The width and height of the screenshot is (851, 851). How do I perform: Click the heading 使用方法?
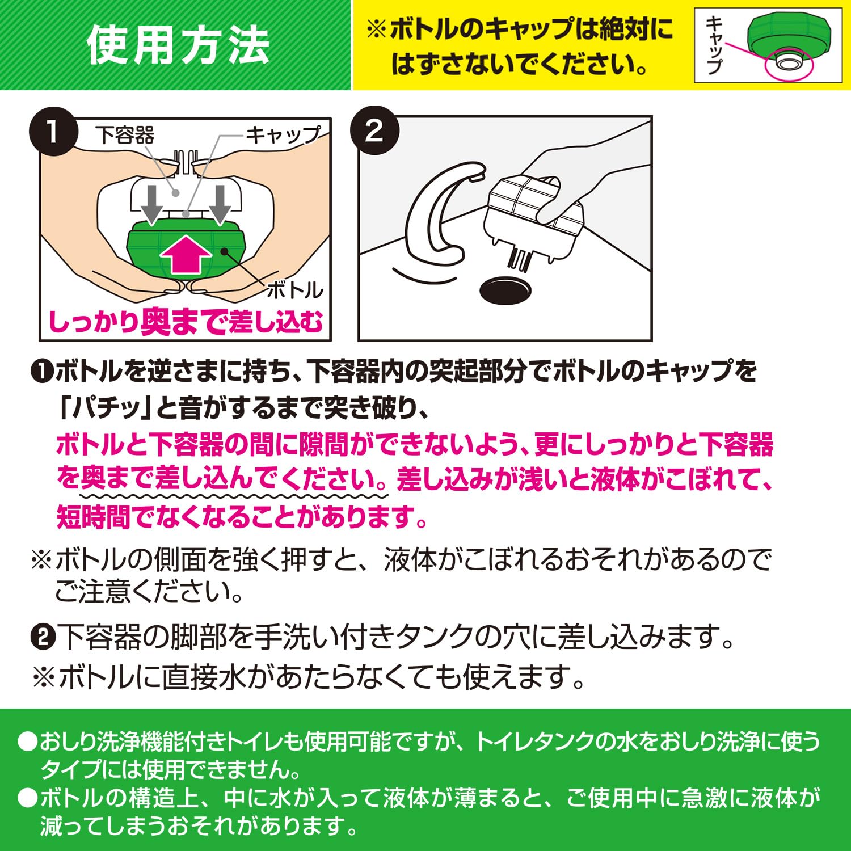[178, 45]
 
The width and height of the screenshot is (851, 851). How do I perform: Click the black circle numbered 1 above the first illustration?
[53, 132]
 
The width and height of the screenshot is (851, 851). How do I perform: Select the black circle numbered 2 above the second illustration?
[374, 130]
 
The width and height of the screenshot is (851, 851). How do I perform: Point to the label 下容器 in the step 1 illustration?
[125, 136]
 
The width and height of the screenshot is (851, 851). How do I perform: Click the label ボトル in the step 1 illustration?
[295, 290]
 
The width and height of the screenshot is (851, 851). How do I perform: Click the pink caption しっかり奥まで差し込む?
[186, 322]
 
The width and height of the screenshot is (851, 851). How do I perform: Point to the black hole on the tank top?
[505, 290]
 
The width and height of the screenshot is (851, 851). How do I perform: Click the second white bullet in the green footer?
[27, 798]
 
